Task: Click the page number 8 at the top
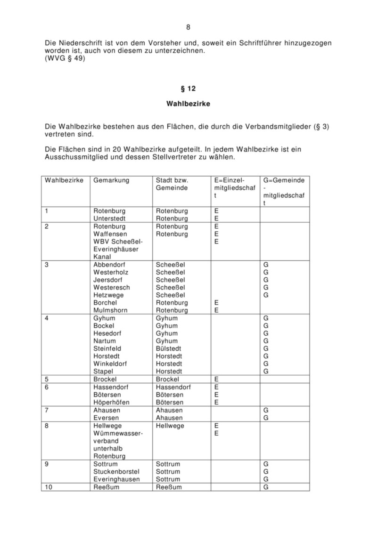tap(188, 27)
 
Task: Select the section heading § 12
tap(188, 88)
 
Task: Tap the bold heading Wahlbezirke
tap(188, 104)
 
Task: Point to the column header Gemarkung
tap(111, 180)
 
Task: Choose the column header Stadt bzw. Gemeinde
tap(172, 184)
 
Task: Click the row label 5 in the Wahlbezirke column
tap(47, 379)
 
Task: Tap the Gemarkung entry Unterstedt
tap(110, 218)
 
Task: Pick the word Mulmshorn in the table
tap(110, 310)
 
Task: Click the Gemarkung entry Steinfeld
tap(107, 348)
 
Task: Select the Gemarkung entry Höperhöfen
tap(111, 403)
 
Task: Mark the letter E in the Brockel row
tap(216, 379)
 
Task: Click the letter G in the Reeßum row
tap(266, 487)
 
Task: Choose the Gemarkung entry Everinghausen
tap(116, 479)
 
